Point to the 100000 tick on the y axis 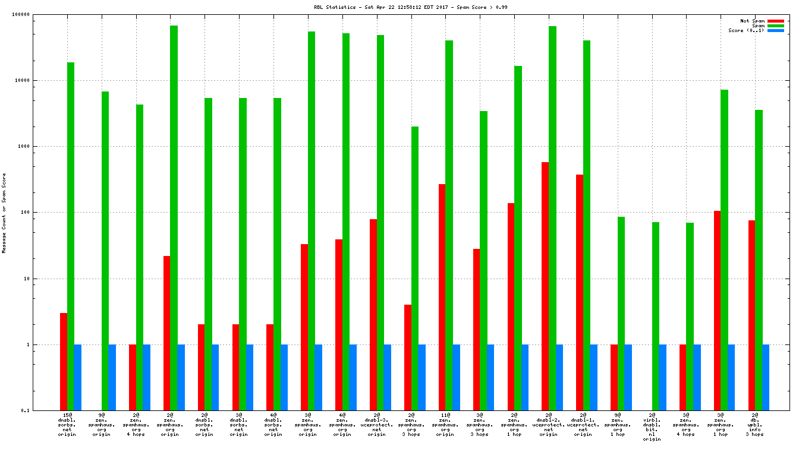point(37,14)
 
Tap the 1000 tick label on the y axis point(39,146)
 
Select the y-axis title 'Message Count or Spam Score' point(4,213)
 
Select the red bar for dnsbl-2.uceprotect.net point(545,286)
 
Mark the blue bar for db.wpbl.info point(766,377)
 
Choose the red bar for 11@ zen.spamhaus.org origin point(442,297)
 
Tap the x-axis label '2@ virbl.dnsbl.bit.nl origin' point(652,427)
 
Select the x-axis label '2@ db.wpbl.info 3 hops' point(755,425)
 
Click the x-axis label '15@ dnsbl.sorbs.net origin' point(67,425)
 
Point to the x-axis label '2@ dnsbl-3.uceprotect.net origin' point(377,425)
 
